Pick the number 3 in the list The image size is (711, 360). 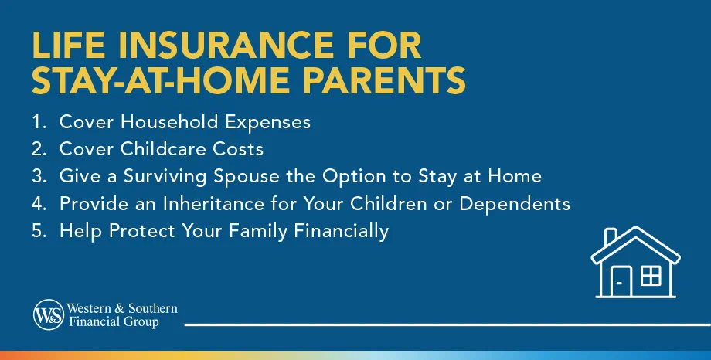[x=39, y=176]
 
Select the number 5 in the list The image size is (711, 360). [x=39, y=230]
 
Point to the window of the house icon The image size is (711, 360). [x=651, y=274]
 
